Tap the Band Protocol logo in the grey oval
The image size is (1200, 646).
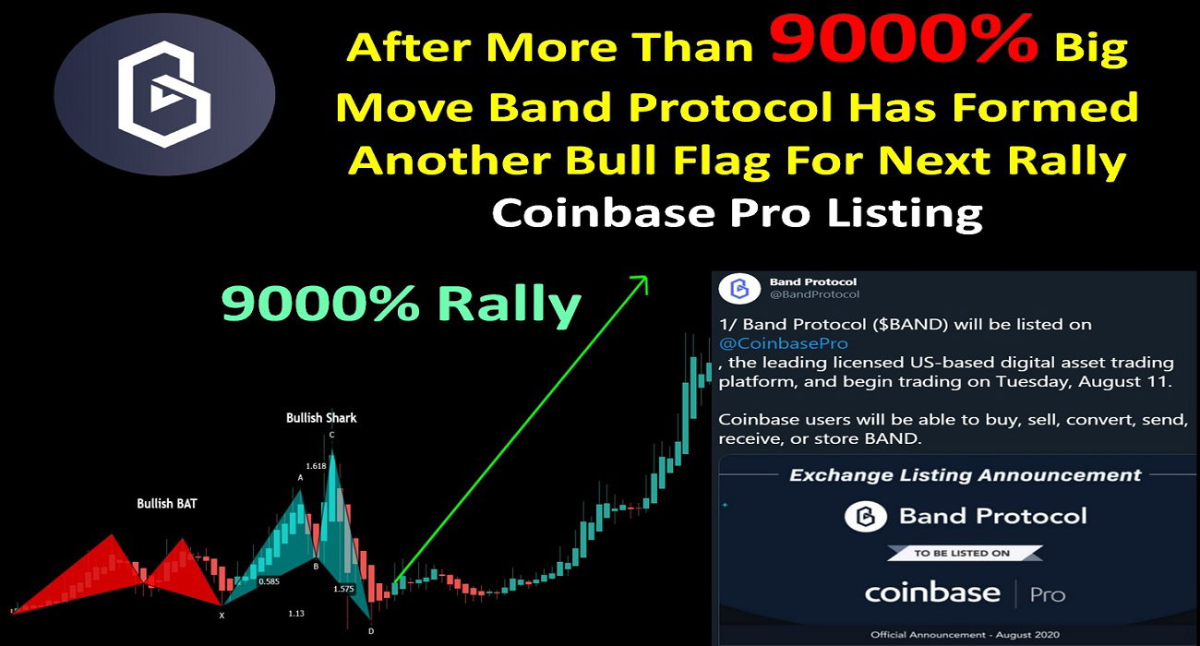pos(164,94)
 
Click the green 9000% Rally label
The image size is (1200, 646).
pos(401,304)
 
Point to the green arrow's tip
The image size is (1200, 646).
pos(647,277)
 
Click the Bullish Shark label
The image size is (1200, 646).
pos(321,418)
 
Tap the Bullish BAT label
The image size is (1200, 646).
pos(166,504)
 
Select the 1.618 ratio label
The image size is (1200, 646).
pos(316,466)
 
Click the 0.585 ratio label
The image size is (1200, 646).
pos(269,581)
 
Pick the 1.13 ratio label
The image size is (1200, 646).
pos(296,614)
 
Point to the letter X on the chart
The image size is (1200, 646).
pos(222,616)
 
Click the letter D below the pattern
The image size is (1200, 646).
pos(371,631)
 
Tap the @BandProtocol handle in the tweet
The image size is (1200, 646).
pos(814,294)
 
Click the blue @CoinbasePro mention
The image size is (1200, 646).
pos(783,343)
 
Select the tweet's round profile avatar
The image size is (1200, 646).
pos(739,288)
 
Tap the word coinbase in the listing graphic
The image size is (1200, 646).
pos(932,592)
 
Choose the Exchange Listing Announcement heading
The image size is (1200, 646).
pos(966,475)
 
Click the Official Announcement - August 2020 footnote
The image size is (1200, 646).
pos(965,635)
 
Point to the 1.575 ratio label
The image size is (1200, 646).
pos(343,589)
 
